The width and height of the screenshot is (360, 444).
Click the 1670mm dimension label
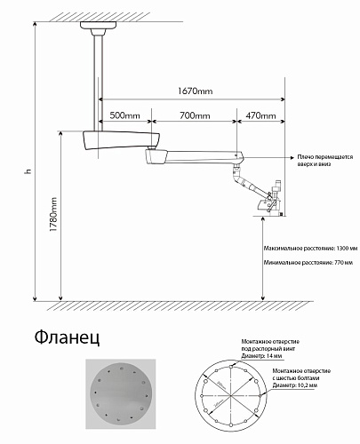point(194,91)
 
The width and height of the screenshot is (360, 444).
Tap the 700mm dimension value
point(195,116)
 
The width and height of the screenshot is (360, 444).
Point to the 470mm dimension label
point(260,116)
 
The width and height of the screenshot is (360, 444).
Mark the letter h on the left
point(28,170)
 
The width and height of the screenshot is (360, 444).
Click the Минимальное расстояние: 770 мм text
point(304,265)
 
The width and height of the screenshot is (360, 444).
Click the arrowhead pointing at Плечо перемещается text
point(292,158)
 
